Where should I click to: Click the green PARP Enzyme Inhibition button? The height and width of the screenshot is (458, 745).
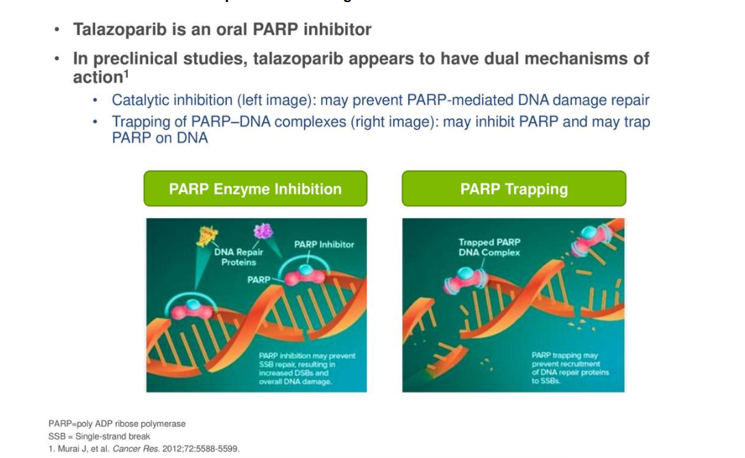click(255, 189)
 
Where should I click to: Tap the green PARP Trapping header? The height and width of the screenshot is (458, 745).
click(513, 189)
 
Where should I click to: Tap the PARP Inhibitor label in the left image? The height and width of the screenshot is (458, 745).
click(324, 244)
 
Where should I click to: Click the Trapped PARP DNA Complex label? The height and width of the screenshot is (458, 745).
click(489, 247)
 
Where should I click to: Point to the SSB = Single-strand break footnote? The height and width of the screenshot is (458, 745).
click(99, 436)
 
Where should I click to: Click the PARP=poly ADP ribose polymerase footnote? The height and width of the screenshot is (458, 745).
click(117, 424)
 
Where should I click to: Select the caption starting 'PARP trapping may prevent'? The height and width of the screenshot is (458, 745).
click(569, 368)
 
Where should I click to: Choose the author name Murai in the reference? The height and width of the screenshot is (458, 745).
click(66, 449)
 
